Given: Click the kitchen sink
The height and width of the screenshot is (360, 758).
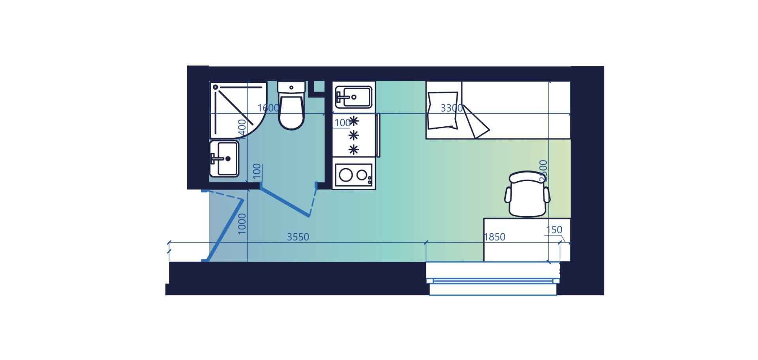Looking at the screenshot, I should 353,97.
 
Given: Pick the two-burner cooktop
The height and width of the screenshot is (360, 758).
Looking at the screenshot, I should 353,174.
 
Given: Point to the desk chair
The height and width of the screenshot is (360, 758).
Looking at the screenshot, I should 527,194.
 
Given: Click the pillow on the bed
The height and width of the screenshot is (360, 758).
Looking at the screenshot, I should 443,111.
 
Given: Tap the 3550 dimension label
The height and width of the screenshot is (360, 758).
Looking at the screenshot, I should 298,237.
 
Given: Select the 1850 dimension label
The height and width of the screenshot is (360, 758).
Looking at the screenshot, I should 494,237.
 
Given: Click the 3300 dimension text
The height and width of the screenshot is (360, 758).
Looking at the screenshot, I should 451,108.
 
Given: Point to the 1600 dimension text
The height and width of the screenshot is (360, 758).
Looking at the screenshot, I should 268,108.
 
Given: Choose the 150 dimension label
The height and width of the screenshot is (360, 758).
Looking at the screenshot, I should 554,230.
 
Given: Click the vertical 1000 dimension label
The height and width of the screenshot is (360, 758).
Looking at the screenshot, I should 242,224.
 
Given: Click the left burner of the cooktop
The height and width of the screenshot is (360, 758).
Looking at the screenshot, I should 345,175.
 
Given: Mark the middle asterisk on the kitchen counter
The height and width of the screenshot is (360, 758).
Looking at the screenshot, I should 354,135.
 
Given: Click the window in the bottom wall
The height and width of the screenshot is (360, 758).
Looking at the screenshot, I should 493,281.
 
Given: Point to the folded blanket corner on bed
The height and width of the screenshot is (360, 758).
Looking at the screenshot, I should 477,123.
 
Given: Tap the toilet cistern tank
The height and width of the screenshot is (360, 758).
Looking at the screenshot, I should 291,87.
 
